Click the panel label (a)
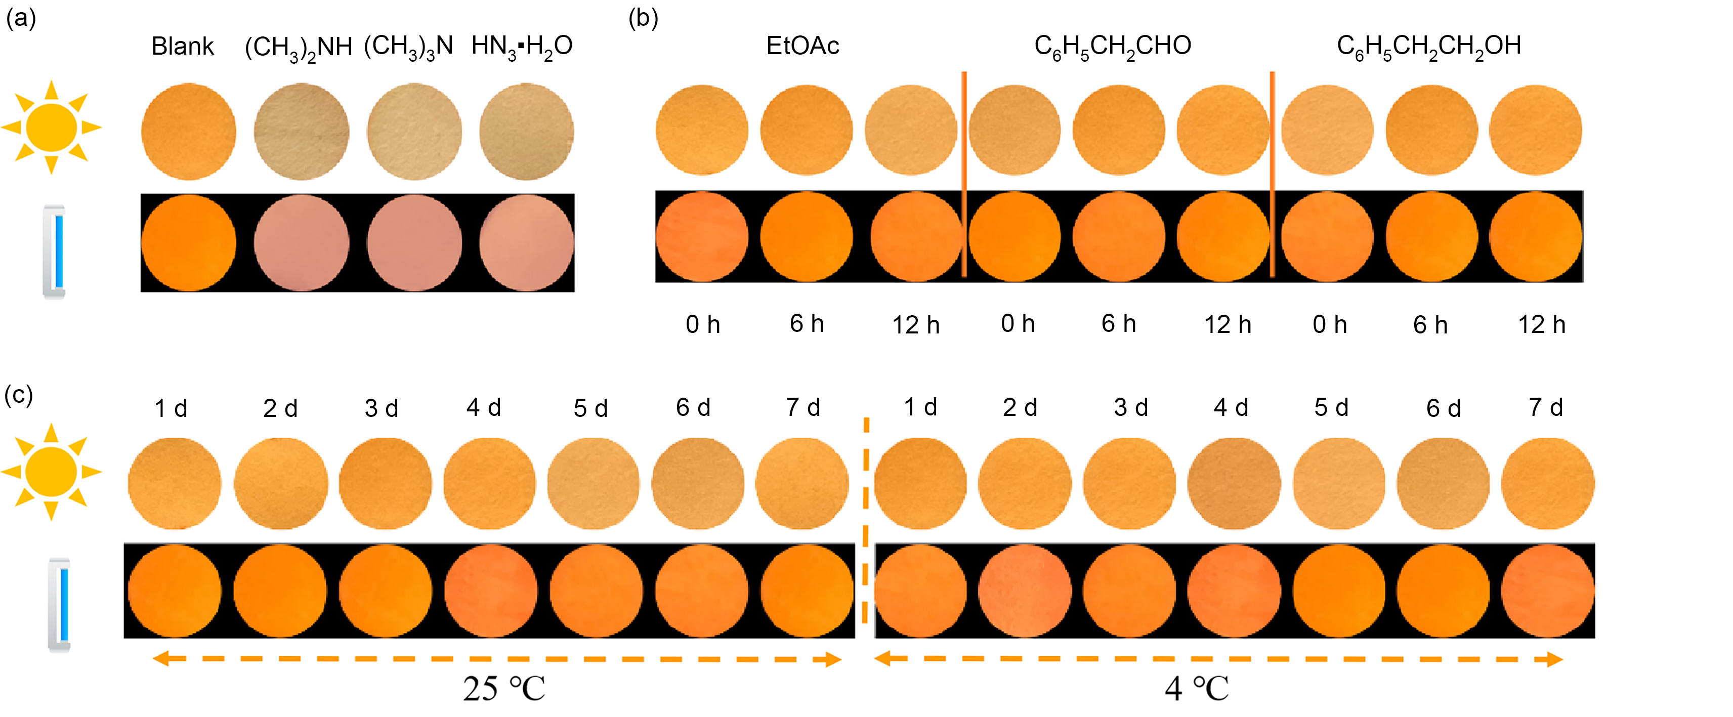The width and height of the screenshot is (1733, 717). (x=20, y=18)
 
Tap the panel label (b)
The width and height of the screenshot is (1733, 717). (x=643, y=18)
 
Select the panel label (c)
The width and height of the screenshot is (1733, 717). (x=19, y=395)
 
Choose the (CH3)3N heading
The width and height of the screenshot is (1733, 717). (x=408, y=47)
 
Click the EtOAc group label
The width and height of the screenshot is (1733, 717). (x=802, y=46)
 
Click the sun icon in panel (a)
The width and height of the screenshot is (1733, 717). (x=51, y=127)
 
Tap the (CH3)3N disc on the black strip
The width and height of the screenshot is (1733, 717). (x=414, y=243)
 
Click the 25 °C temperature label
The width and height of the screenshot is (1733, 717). (x=504, y=689)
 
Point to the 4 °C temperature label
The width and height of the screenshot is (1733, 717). (x=1197, y=689)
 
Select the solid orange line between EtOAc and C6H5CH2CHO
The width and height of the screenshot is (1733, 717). (x=964, y=175)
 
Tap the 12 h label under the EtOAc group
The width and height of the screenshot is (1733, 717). (x=916, y=325)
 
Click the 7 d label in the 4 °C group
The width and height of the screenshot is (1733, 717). (x=1546, y=408)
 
